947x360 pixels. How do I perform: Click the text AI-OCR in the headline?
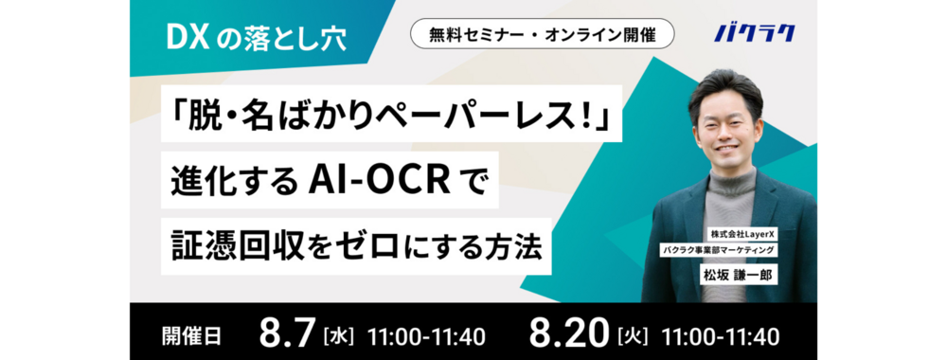click(376, 178)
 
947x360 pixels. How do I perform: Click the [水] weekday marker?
click(339, 335)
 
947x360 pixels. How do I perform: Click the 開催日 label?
click(192, 335)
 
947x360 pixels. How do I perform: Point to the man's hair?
click(725, 88)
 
